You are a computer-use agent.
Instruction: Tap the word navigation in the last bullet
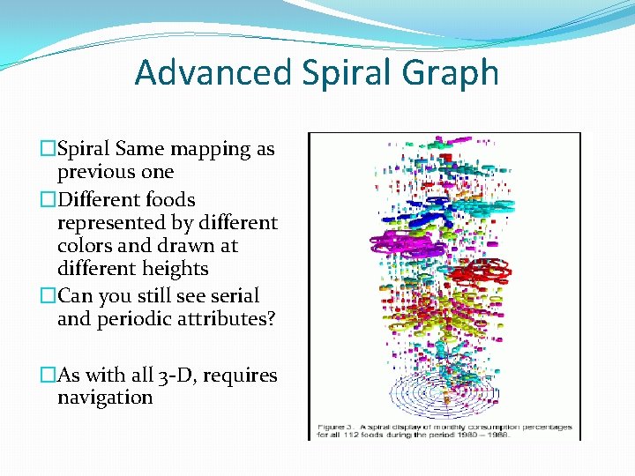(105, 398)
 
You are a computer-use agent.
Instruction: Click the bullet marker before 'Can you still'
(49, 297)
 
